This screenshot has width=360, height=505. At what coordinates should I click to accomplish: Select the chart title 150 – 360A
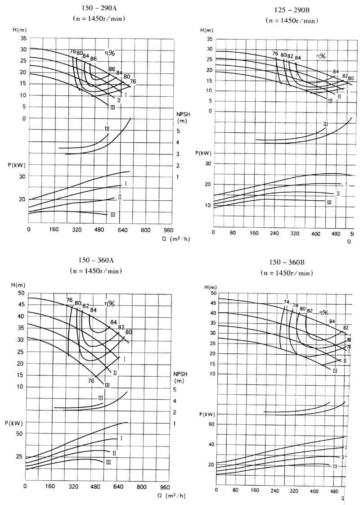(96, 261)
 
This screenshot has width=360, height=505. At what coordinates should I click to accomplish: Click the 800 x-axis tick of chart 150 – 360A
(142, 487)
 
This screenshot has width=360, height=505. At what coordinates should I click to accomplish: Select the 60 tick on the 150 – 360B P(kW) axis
(212, 424)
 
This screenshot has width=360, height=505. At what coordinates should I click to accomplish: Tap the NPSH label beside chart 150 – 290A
(184, 113)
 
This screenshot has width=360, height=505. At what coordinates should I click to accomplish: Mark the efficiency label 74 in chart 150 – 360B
(286, 302)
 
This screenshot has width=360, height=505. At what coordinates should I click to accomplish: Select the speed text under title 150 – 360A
(95, 271)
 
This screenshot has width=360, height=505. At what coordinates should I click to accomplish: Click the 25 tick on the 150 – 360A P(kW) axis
(18, 457)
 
